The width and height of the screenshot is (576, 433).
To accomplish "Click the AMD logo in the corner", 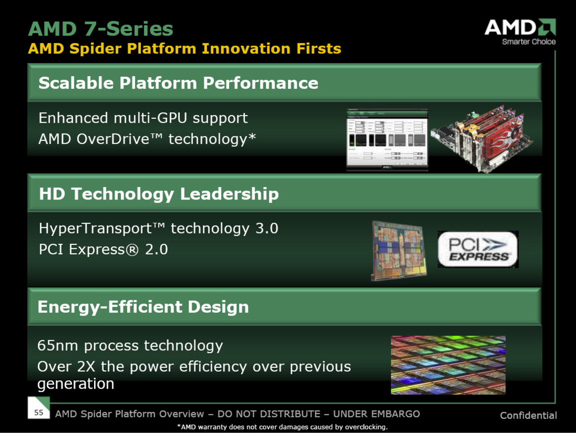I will click(x=520, y=31).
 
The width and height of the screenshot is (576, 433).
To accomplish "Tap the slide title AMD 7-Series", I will click(x=101, y=29).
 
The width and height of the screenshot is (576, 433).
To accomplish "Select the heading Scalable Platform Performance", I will click(x=178, y=83).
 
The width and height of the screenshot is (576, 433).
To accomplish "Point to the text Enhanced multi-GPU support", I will click(x=143, y=118).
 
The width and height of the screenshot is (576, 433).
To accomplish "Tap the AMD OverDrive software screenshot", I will click(x=387, y=140).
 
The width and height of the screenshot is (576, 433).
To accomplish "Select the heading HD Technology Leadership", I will click(x=159, y=194).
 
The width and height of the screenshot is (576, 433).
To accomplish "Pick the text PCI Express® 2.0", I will click(x=103, y=250).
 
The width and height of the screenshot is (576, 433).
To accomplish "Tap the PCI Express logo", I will click(x=477, y=249).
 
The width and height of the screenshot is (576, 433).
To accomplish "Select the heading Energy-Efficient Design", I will click(x=143, y=307).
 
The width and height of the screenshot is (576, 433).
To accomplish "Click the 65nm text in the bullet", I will click(x=59, y=346).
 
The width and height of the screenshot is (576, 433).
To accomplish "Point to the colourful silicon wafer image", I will click(x=448, y=365).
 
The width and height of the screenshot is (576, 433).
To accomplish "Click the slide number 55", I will click(x=39, y=412).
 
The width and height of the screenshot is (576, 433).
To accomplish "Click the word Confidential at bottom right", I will click(x=528, y=415).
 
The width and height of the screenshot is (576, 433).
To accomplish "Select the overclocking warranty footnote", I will click(x=282, y=427).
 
